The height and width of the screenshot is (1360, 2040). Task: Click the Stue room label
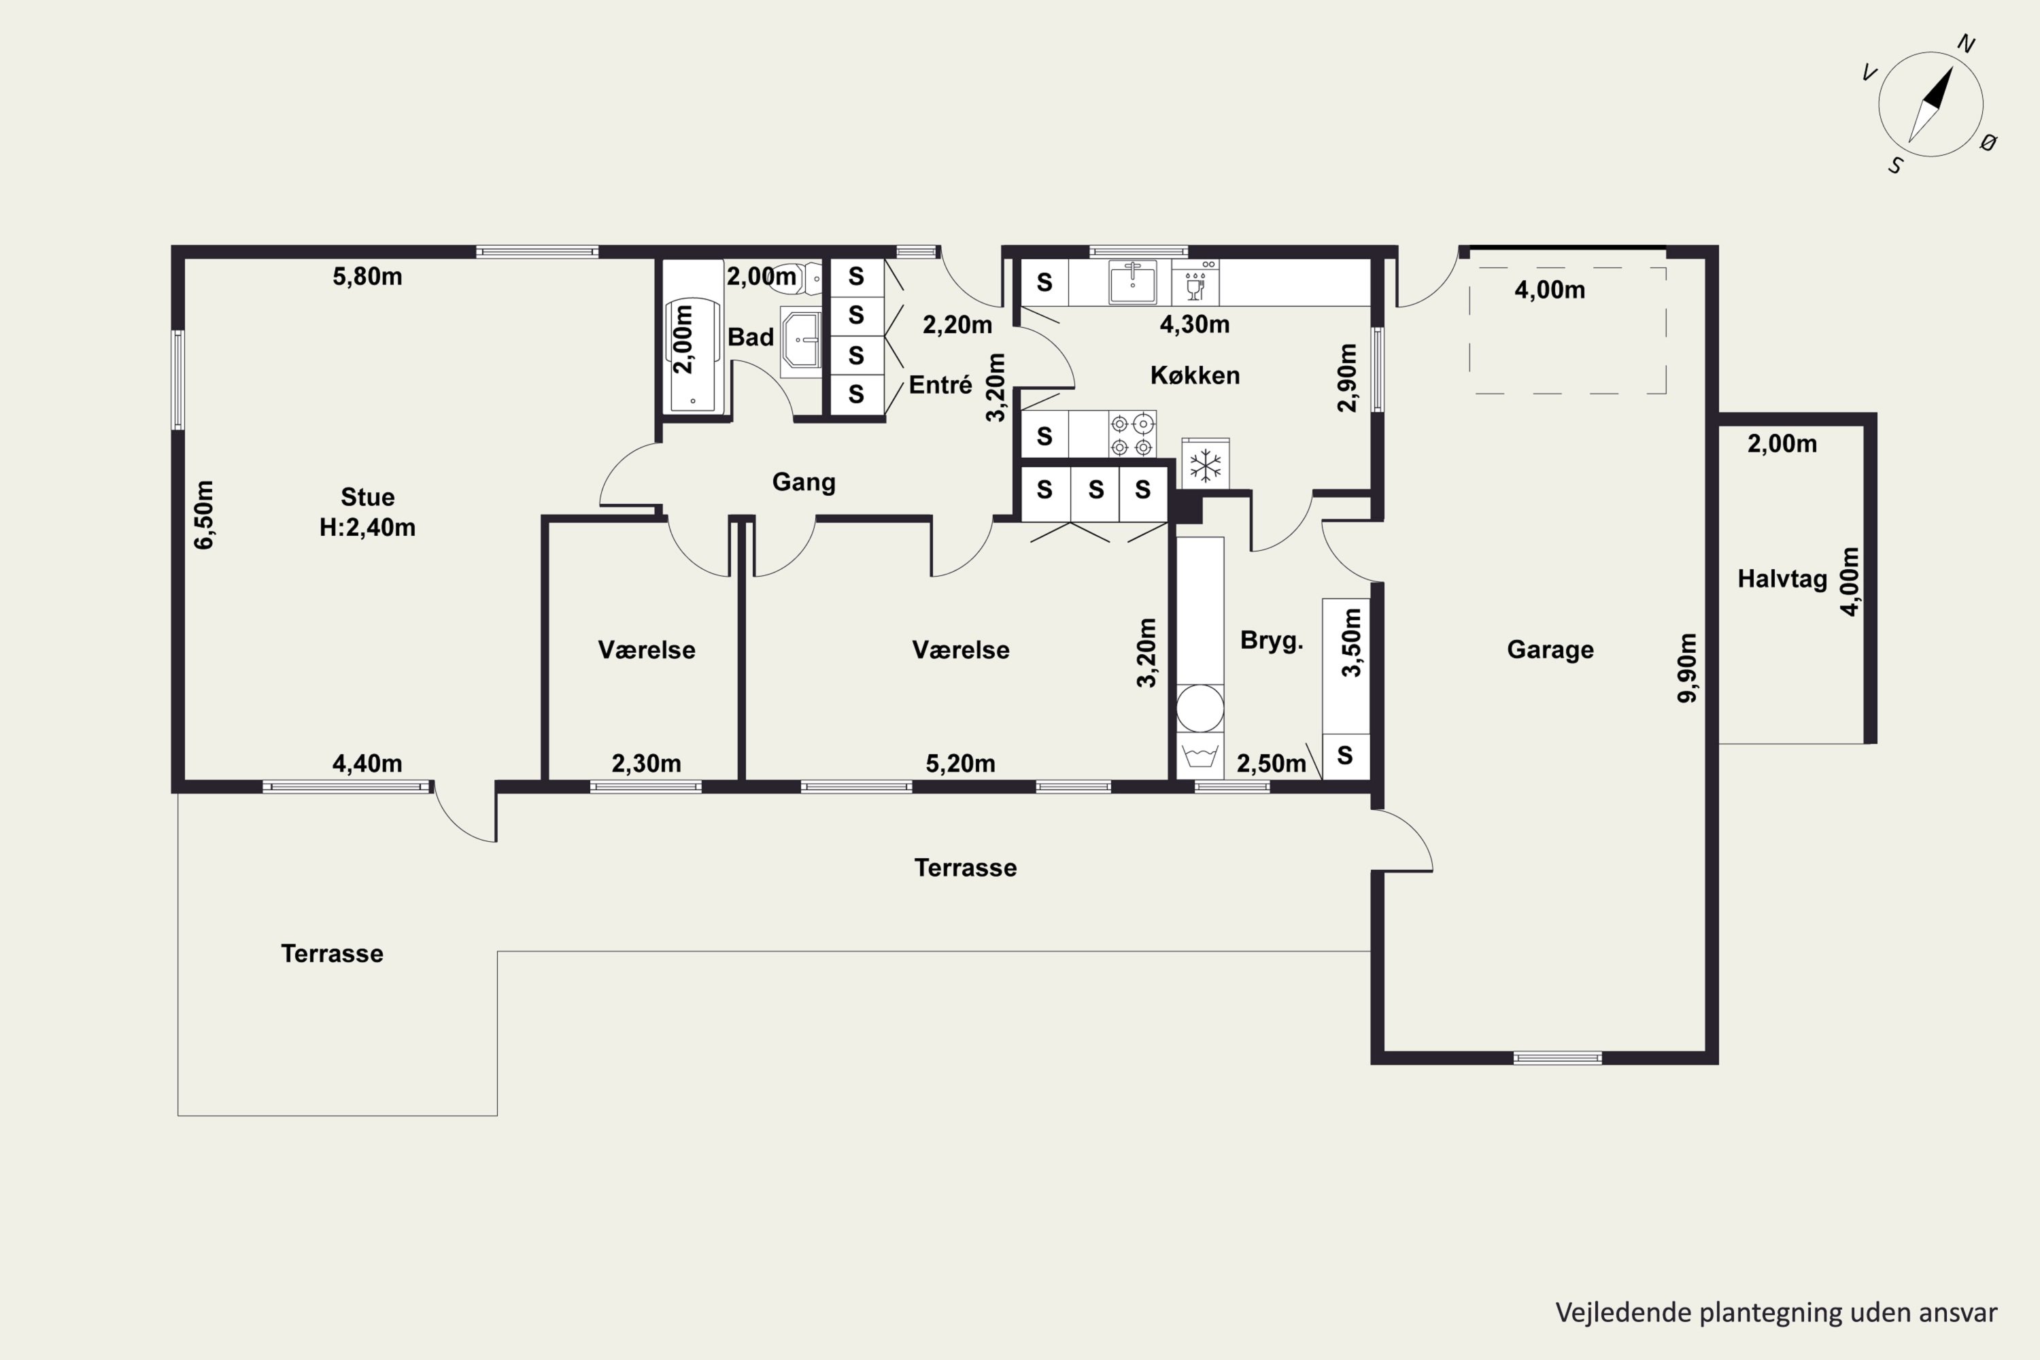click(x=367, y=497)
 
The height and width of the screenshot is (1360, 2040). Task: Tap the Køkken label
click(x=1195, y=375)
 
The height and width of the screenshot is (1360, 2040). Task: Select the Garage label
click(x=1550, y=649)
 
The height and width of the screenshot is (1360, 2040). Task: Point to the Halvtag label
click(x=1782, y=579)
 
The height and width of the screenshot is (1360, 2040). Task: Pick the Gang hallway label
click(x=804, y=482)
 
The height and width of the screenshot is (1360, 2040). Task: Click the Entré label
click(x=940, y=385)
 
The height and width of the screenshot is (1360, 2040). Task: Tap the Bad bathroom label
click(x=750, y=337)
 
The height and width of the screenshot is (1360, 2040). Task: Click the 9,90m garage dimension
click(x=1688, y=668)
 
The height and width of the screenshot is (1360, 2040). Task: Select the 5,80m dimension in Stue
click(x=367, y=277)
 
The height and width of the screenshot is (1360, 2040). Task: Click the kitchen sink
click(x=1132, y=282)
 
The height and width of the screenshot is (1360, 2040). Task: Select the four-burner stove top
click(x=1132, y=435)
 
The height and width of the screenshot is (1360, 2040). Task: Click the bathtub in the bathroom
click(x=693, y=356)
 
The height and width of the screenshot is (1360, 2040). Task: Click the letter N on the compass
click(x=1967, y=44)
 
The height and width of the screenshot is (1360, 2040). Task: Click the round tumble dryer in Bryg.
click(x=1200, y=709)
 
